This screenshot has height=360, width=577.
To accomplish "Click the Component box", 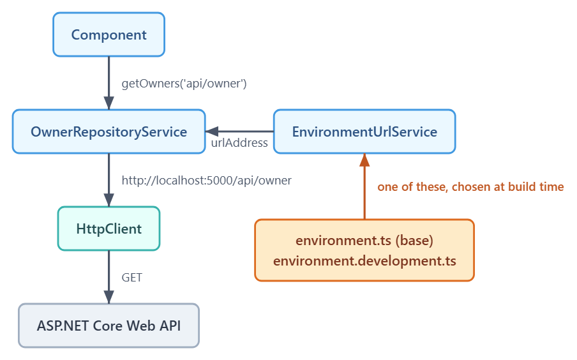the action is coord(109,34).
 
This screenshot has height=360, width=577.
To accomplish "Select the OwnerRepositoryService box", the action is coord(109,131).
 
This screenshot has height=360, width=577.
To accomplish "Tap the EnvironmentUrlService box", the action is coord(364,131).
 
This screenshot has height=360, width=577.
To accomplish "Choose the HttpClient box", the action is coord(109,229).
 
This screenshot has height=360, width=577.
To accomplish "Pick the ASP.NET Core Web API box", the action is coord(109,326).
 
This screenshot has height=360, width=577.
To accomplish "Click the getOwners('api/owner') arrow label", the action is coord(184,84).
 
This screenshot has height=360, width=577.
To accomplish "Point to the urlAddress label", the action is coord(239,143).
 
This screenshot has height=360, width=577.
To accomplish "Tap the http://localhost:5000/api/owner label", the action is coord(206,181).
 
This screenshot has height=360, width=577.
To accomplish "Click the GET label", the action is coord(131,277).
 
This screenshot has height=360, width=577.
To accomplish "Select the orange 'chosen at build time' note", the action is coord(470,186).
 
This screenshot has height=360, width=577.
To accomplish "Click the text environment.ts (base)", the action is coord(364,241).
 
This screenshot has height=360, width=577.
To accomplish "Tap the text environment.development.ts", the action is coord(364,260).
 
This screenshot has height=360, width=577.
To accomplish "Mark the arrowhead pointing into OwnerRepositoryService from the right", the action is coord(212,131).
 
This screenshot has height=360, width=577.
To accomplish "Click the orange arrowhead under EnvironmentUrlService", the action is coord(364,160).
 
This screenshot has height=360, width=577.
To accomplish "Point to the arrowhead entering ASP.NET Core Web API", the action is coord(109,297).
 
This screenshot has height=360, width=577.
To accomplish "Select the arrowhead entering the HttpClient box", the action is coord(109,200).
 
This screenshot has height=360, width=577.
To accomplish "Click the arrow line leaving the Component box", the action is coord(109,83).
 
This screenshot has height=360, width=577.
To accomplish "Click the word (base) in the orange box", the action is coord(414,241).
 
